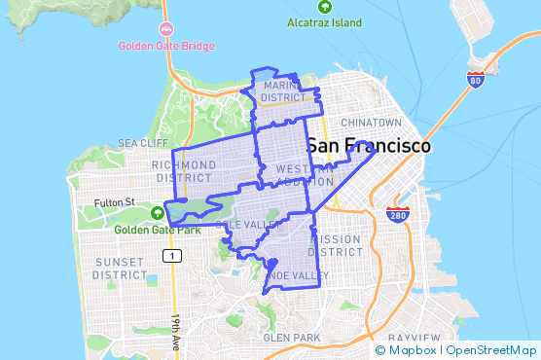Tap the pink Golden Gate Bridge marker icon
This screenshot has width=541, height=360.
tap(167, 29)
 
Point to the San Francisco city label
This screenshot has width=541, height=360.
tap(368, 145)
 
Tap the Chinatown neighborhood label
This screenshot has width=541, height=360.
tap(371, 123)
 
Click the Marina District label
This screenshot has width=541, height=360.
tap(284, 91)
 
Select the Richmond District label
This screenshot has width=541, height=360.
tap(182, 171)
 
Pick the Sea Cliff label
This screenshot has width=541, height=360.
tap(136, 142)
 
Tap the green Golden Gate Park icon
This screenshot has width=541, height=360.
tap(159, 213)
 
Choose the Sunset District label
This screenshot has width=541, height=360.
tap(119, 269)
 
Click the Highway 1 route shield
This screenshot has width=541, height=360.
tap(171, 256)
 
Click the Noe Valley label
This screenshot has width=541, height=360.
tap(299, 275)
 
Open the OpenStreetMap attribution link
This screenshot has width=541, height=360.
tap(493, 350)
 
